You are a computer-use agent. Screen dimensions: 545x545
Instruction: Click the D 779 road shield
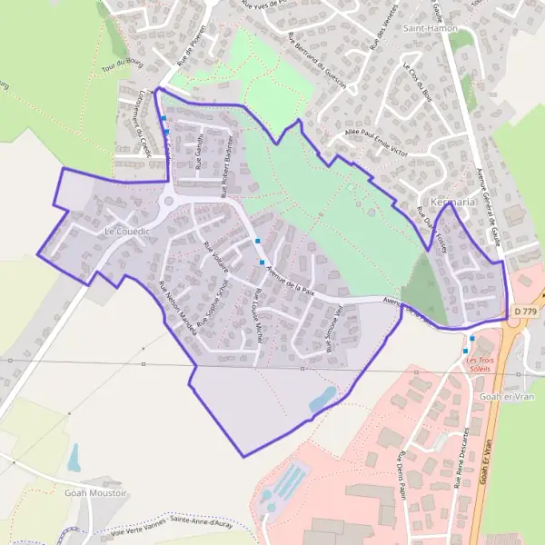pyautogui.click(x=524, y=312)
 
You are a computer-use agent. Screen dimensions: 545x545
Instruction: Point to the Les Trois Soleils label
pyautogui.click(x=483, y=363)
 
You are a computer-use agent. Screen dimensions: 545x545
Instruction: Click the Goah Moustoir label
pyautogui.click(x=95, y=492)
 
